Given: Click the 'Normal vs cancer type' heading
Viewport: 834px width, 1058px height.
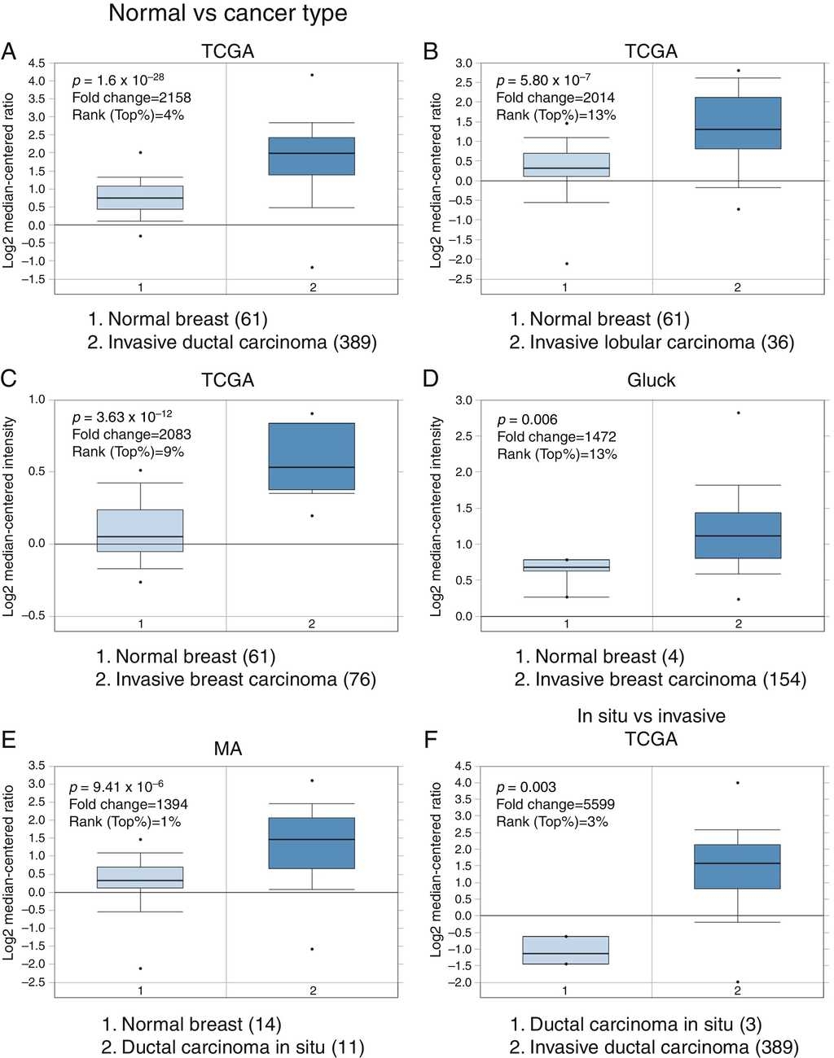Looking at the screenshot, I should click(x=227, y=14).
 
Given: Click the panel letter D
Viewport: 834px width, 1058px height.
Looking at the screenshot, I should click(x=431, y=378).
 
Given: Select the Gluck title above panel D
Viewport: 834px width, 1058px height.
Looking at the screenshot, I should click(x=651, y=380).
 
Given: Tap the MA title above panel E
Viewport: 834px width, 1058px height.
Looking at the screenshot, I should click(x=228, y=749).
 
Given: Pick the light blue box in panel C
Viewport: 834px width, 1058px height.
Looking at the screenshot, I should click(x=140, y=531).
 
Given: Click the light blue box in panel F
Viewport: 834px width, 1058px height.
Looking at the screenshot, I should click(x=565, y=951).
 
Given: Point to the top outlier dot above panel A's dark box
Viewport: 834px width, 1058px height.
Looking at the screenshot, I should click(x=312, y=75).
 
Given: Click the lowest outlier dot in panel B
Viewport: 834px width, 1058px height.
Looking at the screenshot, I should click(x=566, y=264).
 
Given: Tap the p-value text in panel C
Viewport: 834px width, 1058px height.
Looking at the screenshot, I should click(x=122, y=418).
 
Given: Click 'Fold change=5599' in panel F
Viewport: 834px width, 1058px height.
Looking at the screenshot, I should click(x=555, y=804).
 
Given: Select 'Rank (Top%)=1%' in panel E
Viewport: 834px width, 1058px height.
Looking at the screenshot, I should click(x=125, y=822).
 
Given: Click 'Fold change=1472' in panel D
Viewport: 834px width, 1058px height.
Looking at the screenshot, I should click(x=556, y=437).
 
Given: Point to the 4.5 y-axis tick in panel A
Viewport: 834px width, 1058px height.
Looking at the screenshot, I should click(x=37, y=63).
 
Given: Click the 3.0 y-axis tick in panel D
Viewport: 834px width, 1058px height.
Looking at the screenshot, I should click(x=463, y=400).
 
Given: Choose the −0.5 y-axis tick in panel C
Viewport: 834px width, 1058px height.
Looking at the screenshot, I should click(x=34, y=616).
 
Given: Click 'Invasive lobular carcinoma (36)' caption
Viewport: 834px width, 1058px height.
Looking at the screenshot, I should click(x=652, y=343).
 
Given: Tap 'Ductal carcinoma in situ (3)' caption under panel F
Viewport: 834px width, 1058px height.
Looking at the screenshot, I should click(x=635, y=1025).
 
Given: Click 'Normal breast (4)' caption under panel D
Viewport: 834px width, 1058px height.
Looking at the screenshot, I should click(x=599, y=657).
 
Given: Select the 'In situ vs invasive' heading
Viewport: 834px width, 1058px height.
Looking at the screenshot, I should click(x=651, y=716).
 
